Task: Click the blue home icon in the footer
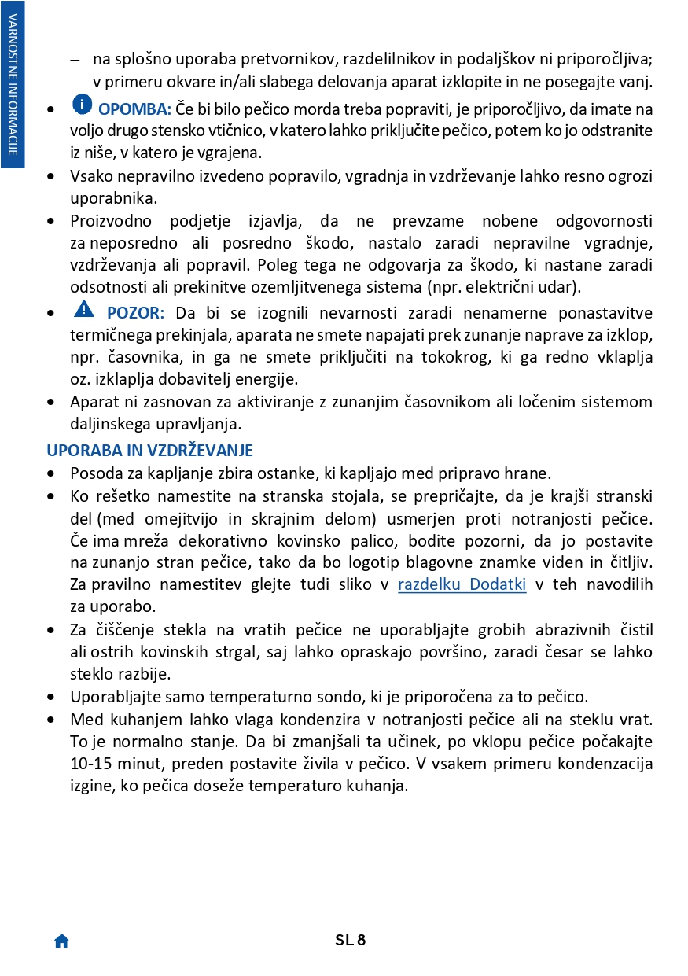pos(61,941)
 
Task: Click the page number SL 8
pos(351,940)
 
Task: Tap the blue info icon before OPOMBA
pos(82,104)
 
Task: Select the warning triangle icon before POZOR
pos(84,309)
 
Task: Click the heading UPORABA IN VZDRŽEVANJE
pos(149,451)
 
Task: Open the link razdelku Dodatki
pos(462,584)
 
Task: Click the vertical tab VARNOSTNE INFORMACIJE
pos(13,83)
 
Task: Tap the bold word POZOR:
pos(135,313)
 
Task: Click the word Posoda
pos(92,473)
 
